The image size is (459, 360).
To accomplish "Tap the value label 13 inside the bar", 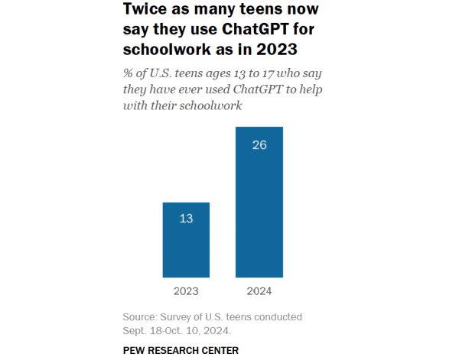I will click(x=186, y=219).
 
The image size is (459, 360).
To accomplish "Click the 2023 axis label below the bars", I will click(x=186, y=291).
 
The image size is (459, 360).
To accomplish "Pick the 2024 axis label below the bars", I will click(x=259, y=291).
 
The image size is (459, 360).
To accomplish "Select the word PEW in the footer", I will click(x=135, y=350).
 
